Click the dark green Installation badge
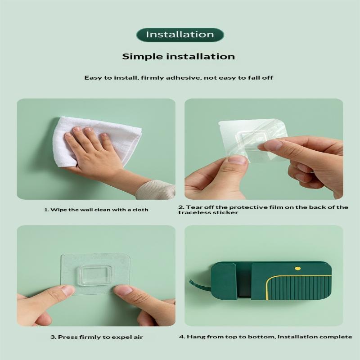(x=180, y=35)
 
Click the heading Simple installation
(x=178, y=57)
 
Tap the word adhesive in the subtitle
(x=183, y=77)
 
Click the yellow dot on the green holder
(x=297, y=268)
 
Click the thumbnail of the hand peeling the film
(x=264, y=149)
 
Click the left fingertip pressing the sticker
(x=67, y=290)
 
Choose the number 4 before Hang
(x=182, y=337)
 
